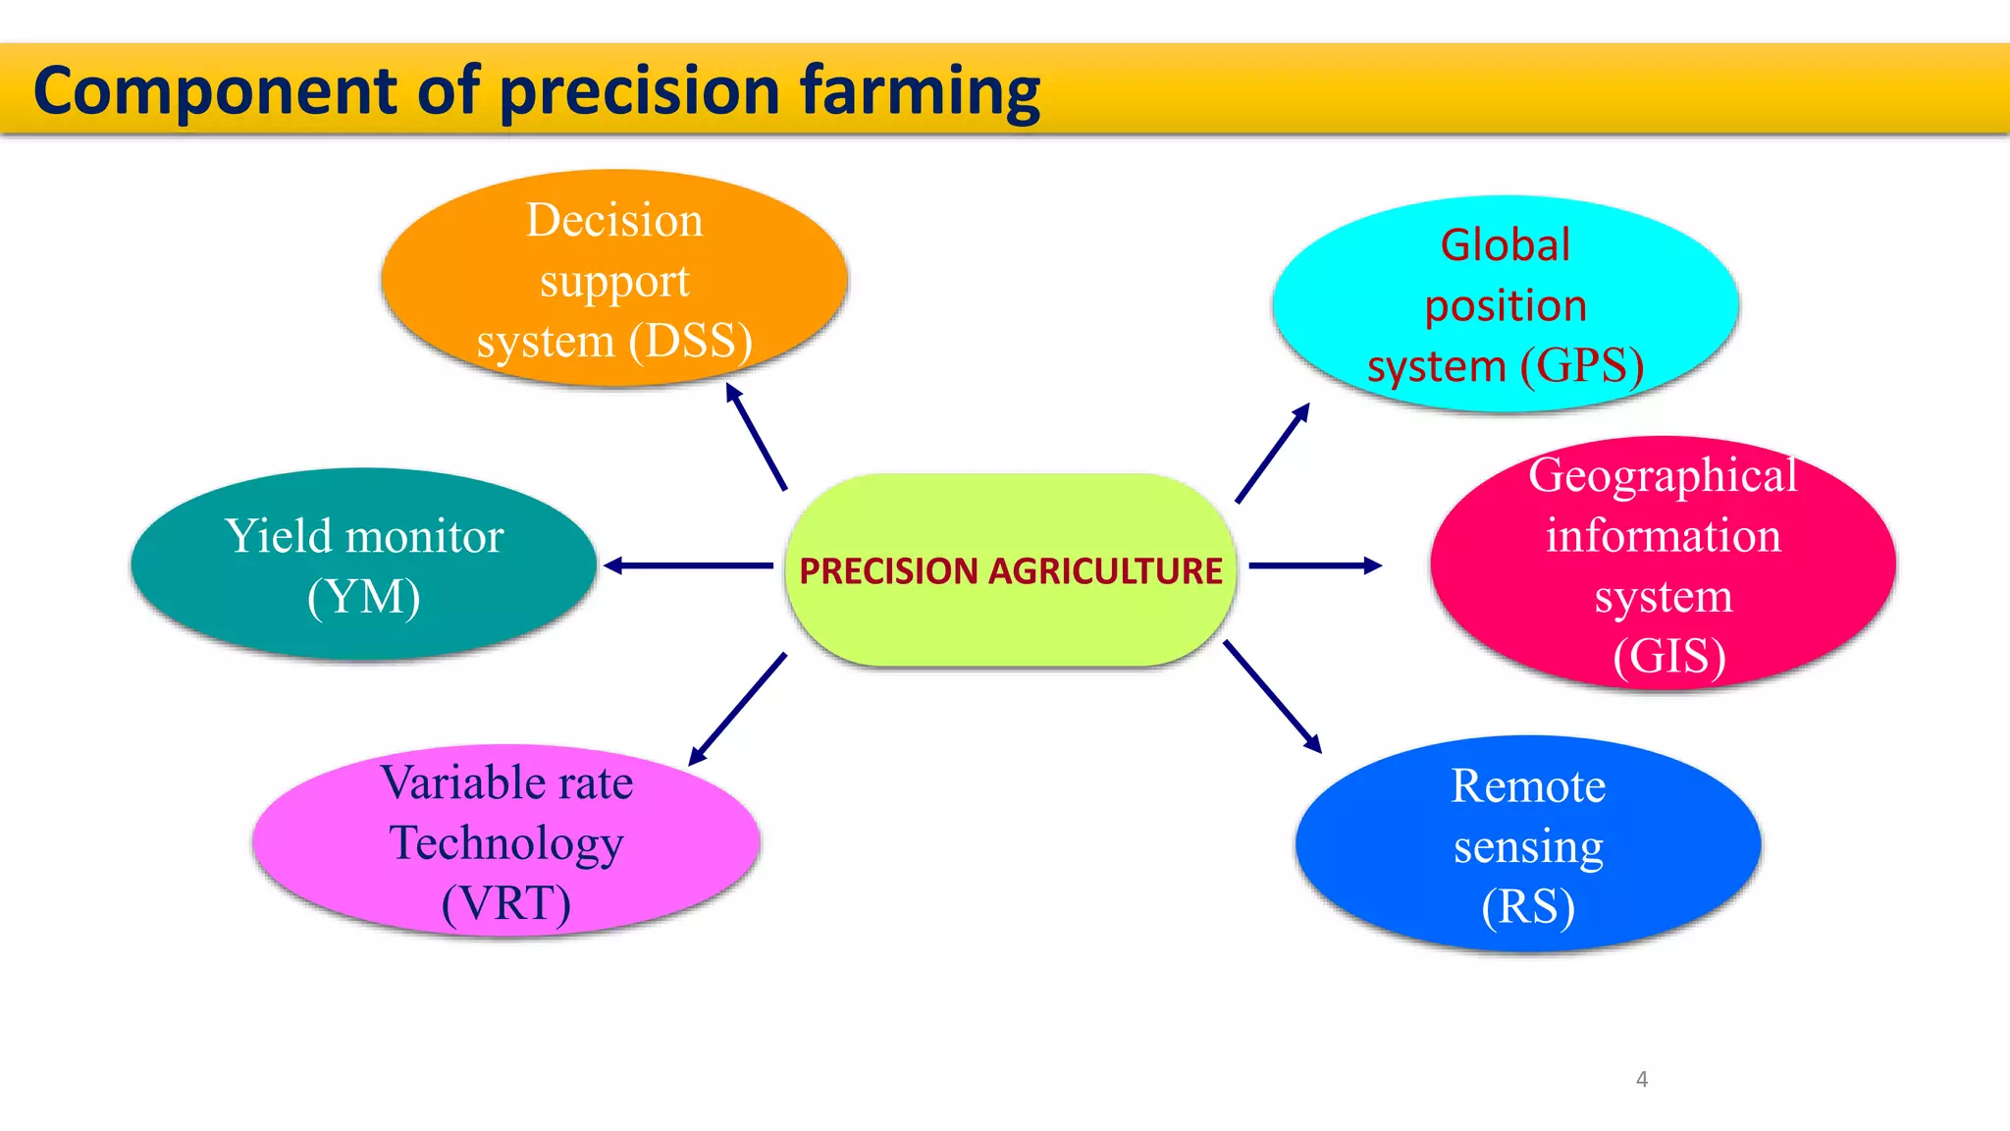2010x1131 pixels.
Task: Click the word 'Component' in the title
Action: tap(215, 91)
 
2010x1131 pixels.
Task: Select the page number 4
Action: tap(1642, 1079)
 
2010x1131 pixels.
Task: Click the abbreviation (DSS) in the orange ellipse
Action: tap(691, 341)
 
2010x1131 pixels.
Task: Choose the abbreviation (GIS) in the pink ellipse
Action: tap(1669, 656)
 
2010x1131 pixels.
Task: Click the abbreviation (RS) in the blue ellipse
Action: tap(1528, 906)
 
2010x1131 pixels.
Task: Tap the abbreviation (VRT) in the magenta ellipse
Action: tap(506, 903)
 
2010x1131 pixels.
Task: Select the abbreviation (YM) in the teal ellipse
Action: tap(364, 597)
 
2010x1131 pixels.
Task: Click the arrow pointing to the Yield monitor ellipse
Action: tap(688, 565)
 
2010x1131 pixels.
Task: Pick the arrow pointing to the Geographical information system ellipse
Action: tap(1315, 565)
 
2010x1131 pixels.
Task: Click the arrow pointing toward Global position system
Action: tap(1272, 454)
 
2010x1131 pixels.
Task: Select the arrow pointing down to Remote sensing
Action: tap(1272, 696)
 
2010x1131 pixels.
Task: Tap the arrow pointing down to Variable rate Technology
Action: tap(738, 708)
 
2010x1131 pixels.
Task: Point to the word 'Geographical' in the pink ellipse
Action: tap(1663, 476)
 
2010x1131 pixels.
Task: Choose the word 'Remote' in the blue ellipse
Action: tap(1528, 786)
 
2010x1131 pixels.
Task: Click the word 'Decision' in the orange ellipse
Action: tap(614, 220)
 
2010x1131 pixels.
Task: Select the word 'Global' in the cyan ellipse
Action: tap(1505, 245)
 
